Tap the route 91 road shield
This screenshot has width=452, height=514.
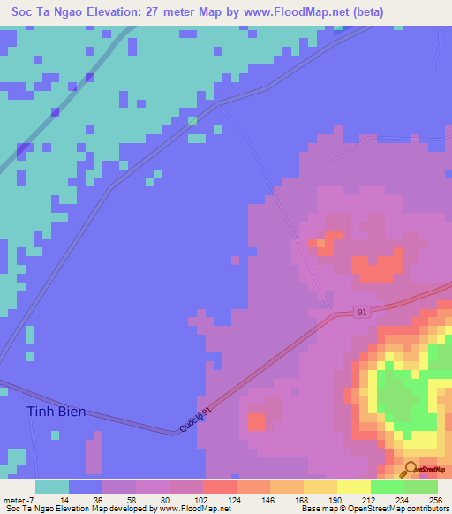coord(361,313)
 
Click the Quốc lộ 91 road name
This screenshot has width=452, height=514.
coord(195,419)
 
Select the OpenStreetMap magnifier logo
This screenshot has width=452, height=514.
coord(411,469)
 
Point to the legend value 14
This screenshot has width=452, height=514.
coord(54,499)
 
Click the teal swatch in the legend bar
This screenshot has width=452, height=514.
coord(52,487)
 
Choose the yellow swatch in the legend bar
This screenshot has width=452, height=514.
coord(353,487)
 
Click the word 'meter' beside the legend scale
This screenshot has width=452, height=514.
coord(14,499)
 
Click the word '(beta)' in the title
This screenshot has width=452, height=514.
coord(365,12)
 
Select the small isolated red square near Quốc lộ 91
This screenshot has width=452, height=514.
coord(256,420)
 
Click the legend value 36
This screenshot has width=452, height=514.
coord(86,499)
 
